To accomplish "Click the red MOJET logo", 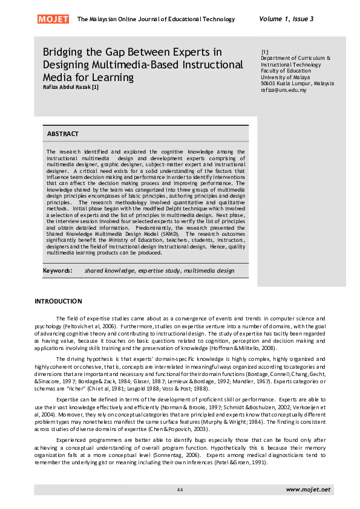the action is click(x=53, y=19).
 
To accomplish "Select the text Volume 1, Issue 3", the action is click(x=286, y=19).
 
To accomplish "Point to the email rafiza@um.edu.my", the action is click(x=284, y=90).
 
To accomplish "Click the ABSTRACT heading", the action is click(x=63, y=134).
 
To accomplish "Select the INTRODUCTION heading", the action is click(x=58, y=301).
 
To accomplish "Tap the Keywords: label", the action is click(x=58, y=271).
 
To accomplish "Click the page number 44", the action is click(x=180, y=489).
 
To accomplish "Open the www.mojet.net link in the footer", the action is click(x=308, y=488).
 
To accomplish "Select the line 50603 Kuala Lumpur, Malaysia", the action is click(x=297, y=83).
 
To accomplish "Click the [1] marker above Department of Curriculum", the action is click(x=264, y=51).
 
